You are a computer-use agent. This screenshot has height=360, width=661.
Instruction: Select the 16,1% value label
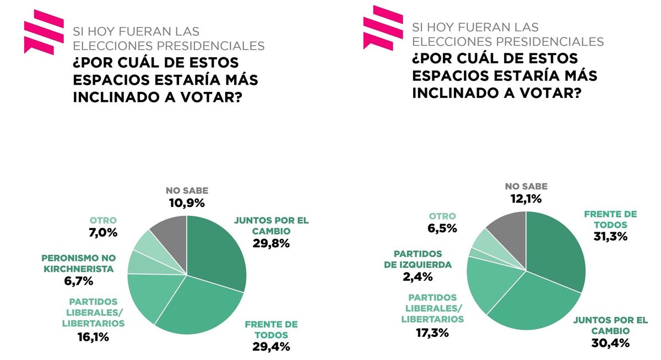(93, 336)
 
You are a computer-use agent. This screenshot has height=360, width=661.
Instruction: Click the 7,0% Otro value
(104, 232)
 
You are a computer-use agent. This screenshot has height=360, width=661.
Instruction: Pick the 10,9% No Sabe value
(187, 203)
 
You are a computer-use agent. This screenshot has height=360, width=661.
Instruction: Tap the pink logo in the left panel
(44, 32)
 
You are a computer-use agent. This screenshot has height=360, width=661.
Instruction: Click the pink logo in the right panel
(383, 28)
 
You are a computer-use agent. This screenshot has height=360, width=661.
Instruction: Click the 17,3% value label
(432, 332)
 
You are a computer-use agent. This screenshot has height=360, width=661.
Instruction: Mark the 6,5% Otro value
(443, 228)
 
